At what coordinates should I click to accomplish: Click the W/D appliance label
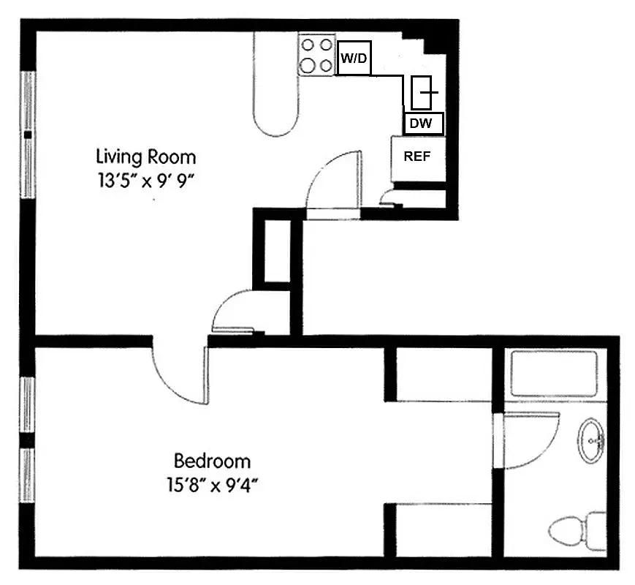pyautogui.click(x=354, y=58)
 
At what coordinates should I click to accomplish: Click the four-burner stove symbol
pyautogui.click(x=316, y=55)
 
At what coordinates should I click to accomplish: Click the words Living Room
pyautogui.click(x=146, y=156)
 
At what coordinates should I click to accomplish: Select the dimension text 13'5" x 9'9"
pyautogui.click(x=146, y=180)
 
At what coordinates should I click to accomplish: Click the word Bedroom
pyautogui.click(x=212, y=461)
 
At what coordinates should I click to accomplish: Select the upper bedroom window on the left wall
pyautogui.click(x=28, y=405)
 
